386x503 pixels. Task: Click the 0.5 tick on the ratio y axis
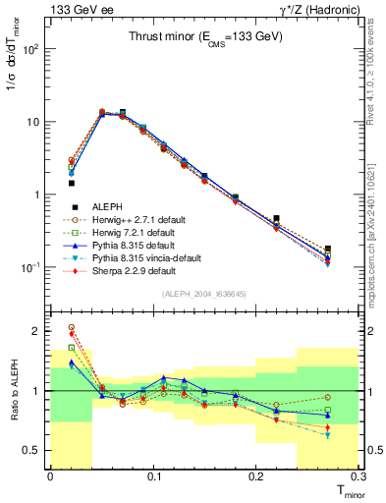pos(36,450)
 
